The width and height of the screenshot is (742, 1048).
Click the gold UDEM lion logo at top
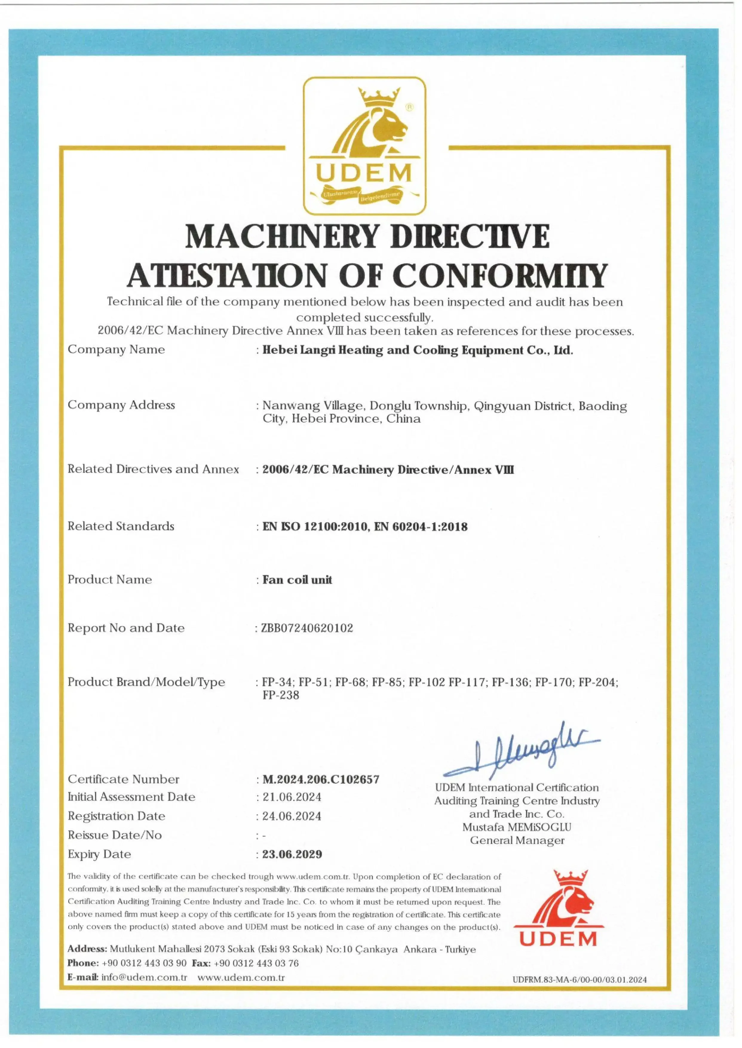365,145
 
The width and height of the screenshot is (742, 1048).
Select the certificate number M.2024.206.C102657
321,780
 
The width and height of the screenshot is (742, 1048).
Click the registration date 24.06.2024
292,816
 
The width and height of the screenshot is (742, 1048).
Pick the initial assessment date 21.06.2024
292,797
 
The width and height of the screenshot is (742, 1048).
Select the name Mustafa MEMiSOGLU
517,827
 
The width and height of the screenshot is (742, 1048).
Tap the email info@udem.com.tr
144,978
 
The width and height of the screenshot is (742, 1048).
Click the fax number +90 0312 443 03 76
256,963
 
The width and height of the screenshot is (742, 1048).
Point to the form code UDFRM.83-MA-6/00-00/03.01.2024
579,980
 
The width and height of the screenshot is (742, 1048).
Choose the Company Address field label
121,405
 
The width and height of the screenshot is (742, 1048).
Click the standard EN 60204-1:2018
420,527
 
